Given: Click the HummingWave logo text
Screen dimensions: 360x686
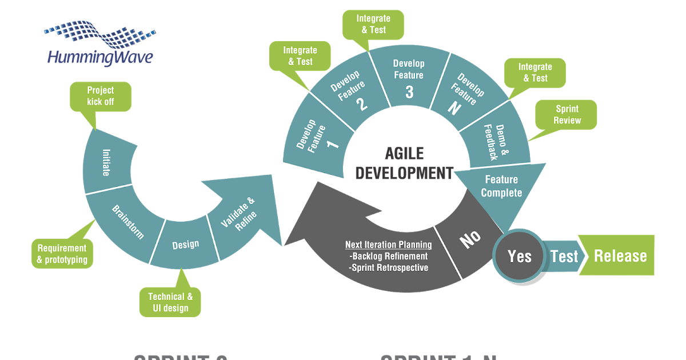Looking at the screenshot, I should point(100,57).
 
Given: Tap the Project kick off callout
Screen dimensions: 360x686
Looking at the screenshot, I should point(101,96).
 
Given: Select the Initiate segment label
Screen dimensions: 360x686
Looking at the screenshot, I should point(106,163).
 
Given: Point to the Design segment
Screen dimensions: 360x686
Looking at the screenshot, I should point(186,245).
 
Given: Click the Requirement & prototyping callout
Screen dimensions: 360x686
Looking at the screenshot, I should point(62,254).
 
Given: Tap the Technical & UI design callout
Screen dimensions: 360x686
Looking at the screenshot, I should point(170,302).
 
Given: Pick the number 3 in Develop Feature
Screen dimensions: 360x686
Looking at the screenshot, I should point(409,91).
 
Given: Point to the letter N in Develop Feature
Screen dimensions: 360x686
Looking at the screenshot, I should point(454,109).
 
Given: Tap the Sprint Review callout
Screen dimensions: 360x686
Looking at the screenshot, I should point(567,114).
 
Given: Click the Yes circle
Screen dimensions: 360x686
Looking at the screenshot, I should point(519,257).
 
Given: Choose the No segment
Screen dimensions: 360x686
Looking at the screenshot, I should point(470,239).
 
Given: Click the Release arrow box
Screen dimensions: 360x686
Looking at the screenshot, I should point(620,255).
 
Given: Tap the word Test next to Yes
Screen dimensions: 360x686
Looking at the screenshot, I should point(564,257).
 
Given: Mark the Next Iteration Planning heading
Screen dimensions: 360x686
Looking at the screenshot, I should point(388,245).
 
